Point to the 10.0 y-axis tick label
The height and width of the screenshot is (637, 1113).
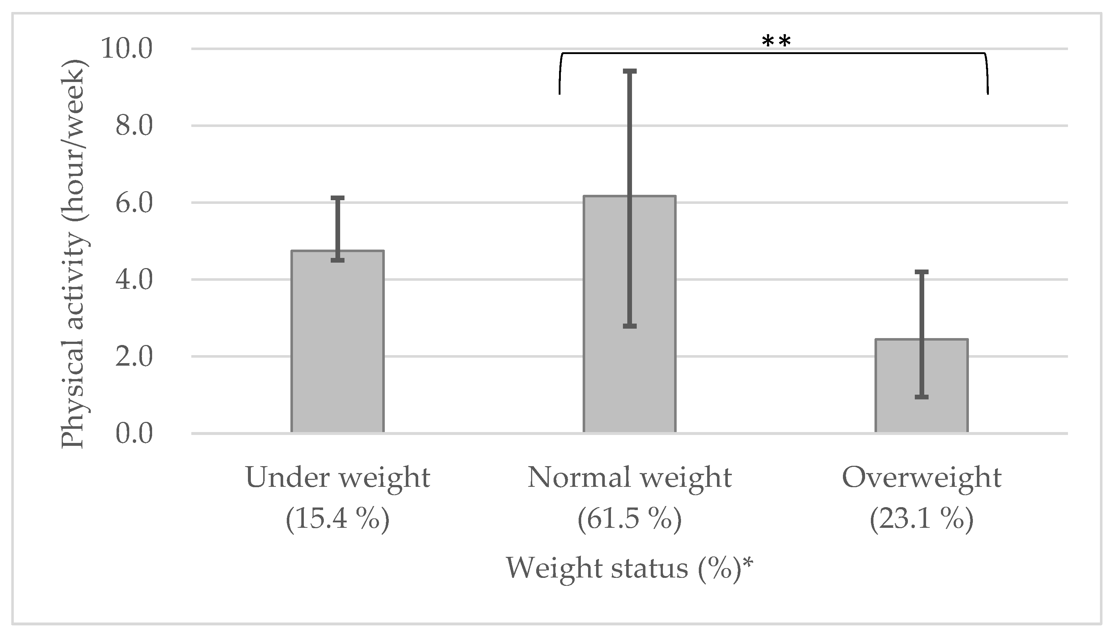point(127,48)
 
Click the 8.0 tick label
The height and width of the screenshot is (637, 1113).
point(134,126)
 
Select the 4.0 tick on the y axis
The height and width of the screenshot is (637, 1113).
point(134,280)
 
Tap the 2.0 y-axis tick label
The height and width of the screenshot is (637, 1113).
point(134,357)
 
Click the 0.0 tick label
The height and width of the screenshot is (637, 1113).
point(134,433)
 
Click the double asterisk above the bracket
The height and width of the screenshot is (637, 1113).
point(776,42)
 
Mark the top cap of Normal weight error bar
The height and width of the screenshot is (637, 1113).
point(629,71)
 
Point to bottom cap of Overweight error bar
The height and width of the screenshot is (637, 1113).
point(921,396)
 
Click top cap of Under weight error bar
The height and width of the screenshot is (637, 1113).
point(338,198)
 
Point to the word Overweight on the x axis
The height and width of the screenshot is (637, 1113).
point(921,478)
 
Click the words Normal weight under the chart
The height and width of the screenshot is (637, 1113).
point(629,478)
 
